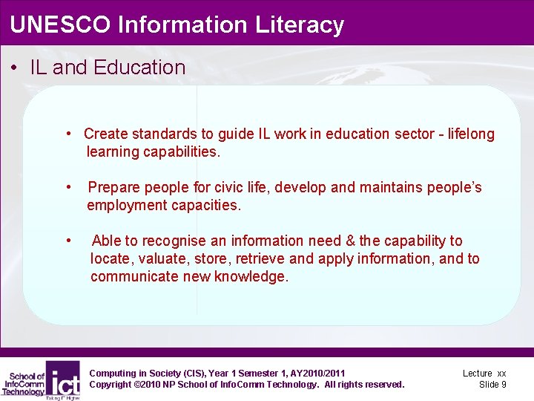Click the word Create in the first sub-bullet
click(105, 134)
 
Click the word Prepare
click(115, 187)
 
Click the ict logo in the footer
click(63, 379)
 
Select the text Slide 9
click(492, 384)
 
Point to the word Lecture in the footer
click(477, 373)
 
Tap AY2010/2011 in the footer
click(314, 373)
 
